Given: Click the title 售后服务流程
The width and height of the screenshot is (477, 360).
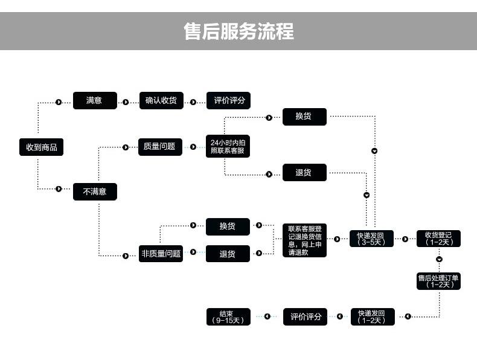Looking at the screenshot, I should pyautogui.click(x=238, y=31).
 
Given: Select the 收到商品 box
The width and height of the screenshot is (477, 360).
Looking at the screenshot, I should pyautogui.click(x=41, y=147).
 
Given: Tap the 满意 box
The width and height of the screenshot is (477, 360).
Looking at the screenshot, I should pyautogui.click(x=95, y=101).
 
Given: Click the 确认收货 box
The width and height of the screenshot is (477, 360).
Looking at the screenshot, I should pyautogui.click(x=161, y=101).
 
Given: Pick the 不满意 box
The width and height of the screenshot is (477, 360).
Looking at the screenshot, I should pyautogui.click(x=95, y=191).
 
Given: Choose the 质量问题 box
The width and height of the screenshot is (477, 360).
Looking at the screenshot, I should pyautogui.click(x=160, y=147).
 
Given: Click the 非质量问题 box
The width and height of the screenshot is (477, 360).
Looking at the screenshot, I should pyautogui.click(x=161, y=254).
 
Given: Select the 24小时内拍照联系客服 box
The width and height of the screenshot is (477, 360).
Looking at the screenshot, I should pyautogui.click(x=228, y=147).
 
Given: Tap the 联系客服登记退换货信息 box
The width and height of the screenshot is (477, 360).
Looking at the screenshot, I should pyautogui.click(x=304, y=240).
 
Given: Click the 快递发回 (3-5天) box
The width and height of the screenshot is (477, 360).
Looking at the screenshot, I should pyautogui.click(x=371, y=239).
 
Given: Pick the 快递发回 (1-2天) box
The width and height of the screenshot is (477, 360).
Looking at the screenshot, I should pyautogui.click(x=372, y=317).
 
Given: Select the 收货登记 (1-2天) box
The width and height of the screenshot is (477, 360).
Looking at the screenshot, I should pyautogui.click(x=438, y=239).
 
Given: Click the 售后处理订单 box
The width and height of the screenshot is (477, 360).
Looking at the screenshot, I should pyautogui.click(x=438, y=281).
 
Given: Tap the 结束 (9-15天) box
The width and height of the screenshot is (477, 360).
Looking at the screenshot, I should pyautogui.click(x=228, y=317).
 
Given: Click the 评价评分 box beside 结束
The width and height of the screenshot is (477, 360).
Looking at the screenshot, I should pyautogui.click(x=305, y=317).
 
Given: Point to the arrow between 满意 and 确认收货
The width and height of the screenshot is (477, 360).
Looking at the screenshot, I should pyautogui.click(x=126, y=102).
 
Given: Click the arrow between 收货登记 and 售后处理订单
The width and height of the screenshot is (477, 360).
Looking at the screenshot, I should pyautogui.click(x=439, y=259).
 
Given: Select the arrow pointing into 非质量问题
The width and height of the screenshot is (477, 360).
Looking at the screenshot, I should pyautogui.click(x=126, y=256).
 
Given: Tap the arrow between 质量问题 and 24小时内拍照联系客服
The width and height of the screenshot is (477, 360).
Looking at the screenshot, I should pyautogui.click(x=193, y=147).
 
